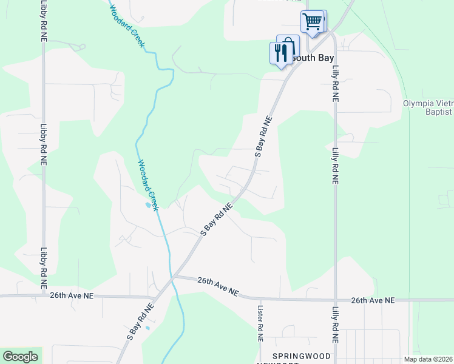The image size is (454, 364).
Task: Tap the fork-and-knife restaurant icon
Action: [x=280, y=52]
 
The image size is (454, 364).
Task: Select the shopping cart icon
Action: [x=312, y=21]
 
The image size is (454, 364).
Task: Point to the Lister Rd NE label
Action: [x=260, y=326]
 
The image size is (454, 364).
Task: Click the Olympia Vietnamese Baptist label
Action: [x=428, y=107]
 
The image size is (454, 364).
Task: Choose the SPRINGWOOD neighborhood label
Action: [x=302, y=355]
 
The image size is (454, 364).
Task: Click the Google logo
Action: [x=20, y=357]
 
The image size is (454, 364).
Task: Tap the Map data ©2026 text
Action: [x=428, y=359]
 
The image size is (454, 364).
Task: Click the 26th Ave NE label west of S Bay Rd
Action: [x=72, y=296]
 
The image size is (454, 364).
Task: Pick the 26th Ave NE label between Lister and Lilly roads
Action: [x=373, y=300]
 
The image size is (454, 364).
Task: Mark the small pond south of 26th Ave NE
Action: [x=147, y=328]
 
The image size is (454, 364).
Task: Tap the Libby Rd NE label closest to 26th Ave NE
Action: [x=44, y=268]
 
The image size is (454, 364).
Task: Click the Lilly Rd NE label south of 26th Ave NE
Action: [x=334, y=328]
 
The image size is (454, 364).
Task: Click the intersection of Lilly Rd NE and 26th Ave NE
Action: [x=334, y=300]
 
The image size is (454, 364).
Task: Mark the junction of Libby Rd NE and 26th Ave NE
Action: [x=44, y=296]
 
